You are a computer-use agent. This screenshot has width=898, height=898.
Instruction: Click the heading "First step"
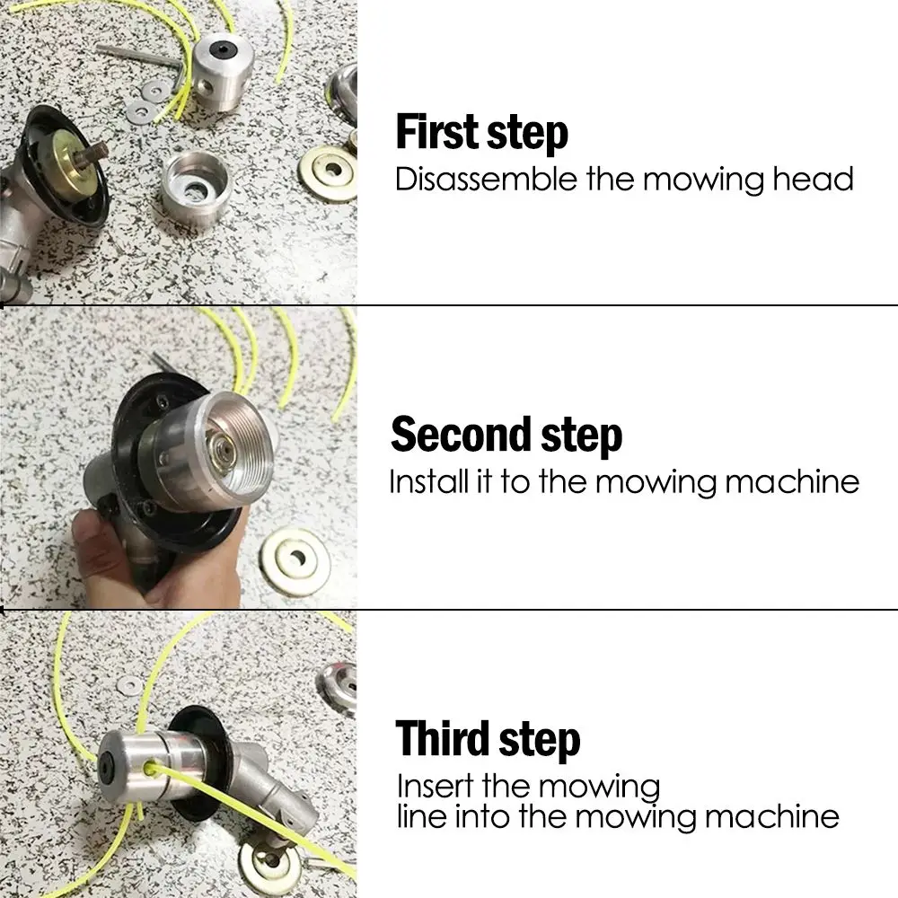(481, 132)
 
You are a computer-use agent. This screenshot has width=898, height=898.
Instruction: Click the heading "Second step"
(506, 435)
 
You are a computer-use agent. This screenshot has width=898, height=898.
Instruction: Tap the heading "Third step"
(488, 739)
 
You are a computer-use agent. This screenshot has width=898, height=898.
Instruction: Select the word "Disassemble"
(486, 179)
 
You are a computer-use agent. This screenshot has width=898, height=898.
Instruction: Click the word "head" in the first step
(813, 179)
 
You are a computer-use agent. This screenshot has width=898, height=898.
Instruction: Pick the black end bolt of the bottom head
(106, 762)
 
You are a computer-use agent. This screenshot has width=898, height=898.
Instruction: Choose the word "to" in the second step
(516, 482)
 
